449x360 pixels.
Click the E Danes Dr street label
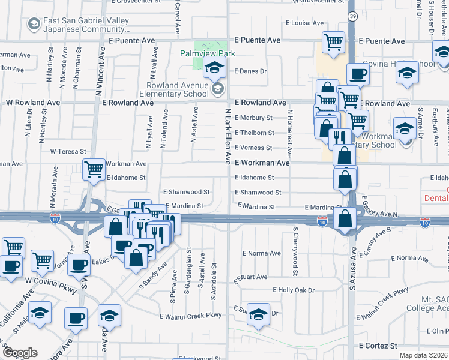point(250,71)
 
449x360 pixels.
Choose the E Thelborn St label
point(254,133)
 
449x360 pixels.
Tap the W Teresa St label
point(68,151)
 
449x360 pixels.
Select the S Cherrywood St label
point(295,251)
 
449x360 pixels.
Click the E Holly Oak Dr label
point(294,290)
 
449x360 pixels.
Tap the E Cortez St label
point(378,346)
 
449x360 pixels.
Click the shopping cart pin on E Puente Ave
point(333,42)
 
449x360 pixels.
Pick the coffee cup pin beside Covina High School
point(358,74)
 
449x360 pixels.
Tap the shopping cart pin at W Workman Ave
point(94,169)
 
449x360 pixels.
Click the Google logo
point(20,353)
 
